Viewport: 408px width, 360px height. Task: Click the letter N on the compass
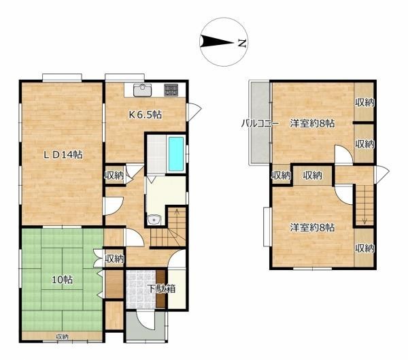[x=242, y=44]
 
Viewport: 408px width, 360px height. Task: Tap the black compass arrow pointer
[x=216, y=42]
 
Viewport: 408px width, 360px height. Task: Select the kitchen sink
[x=142, y=90]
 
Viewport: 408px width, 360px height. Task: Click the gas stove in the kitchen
[x=171, y=90]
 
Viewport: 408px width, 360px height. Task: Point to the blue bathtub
[x=176, y=154]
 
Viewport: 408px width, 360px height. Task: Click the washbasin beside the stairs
[x=154, y=220]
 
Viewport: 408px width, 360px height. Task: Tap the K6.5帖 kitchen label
[x=146, y=114]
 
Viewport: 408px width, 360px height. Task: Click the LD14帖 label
[x=63, y=155]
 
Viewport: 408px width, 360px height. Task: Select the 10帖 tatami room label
[x=62, y=280]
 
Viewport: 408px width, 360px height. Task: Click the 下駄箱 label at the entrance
[x=162, y=289]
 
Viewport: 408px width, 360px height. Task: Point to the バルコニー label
[x=260, y=123]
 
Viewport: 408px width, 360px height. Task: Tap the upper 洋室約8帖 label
[x=312, y=123]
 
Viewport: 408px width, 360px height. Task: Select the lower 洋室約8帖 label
[x=312, y=228]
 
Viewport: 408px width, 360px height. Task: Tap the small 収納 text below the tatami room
[x=62, y=337]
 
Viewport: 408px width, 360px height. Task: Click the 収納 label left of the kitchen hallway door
[x=114, y=176]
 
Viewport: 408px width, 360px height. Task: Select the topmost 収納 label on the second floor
[x=364, y=103]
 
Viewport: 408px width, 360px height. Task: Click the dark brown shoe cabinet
[x=160, y=289]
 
